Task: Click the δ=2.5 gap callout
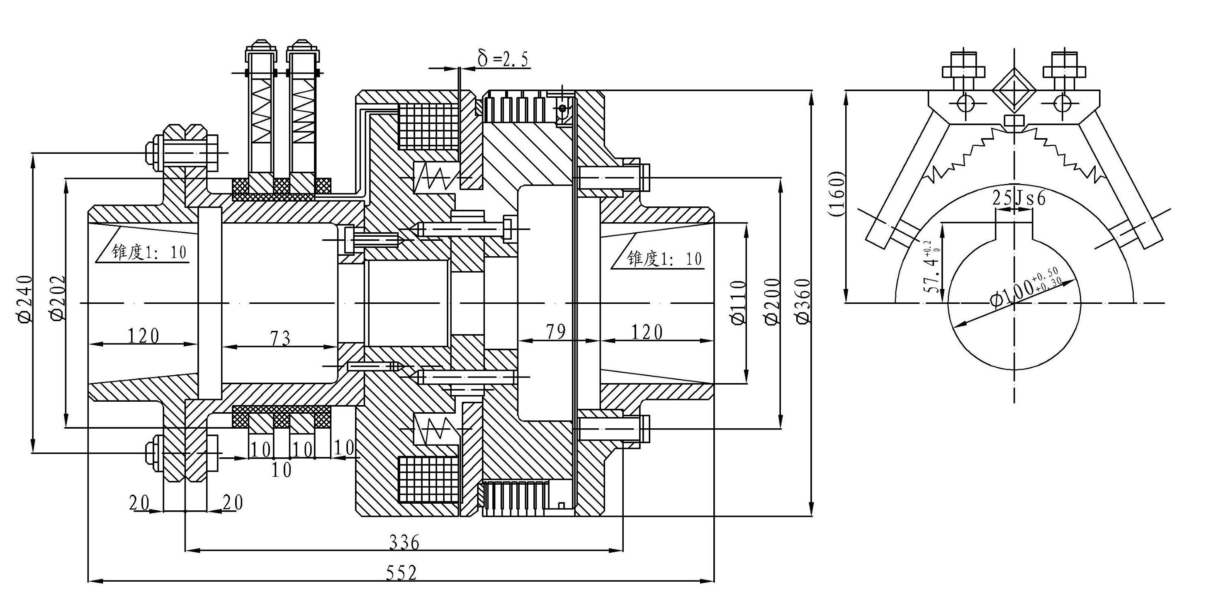(503, 59)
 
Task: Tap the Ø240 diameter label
(25, 298)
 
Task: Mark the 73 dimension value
(280, 338)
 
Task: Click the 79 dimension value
(556, 332)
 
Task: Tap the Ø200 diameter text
(772, 301)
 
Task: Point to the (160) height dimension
(837, 194)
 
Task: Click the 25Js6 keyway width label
(1019, 198)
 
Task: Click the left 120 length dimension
(143, 336)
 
